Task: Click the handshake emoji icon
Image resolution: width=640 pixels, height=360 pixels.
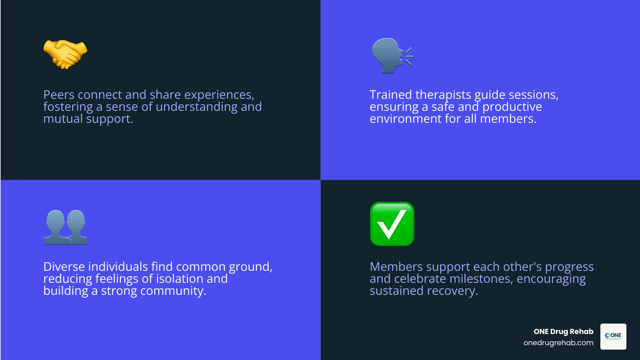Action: (65, 54)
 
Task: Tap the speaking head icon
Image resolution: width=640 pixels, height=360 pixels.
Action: (392, 56)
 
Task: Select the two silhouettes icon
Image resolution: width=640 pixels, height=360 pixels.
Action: (66, 227)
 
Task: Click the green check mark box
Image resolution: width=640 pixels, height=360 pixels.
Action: (392, 224)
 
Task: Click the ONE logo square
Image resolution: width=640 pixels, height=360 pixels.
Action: (613, 336)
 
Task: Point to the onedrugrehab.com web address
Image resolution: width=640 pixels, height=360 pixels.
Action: (558, 343)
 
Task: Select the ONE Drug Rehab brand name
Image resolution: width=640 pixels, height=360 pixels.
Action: (563, 332)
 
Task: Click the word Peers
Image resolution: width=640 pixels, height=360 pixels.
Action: (59, 95)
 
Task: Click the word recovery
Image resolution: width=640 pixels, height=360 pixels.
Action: (452, 291)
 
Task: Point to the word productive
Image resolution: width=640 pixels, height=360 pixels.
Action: (512, 107)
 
